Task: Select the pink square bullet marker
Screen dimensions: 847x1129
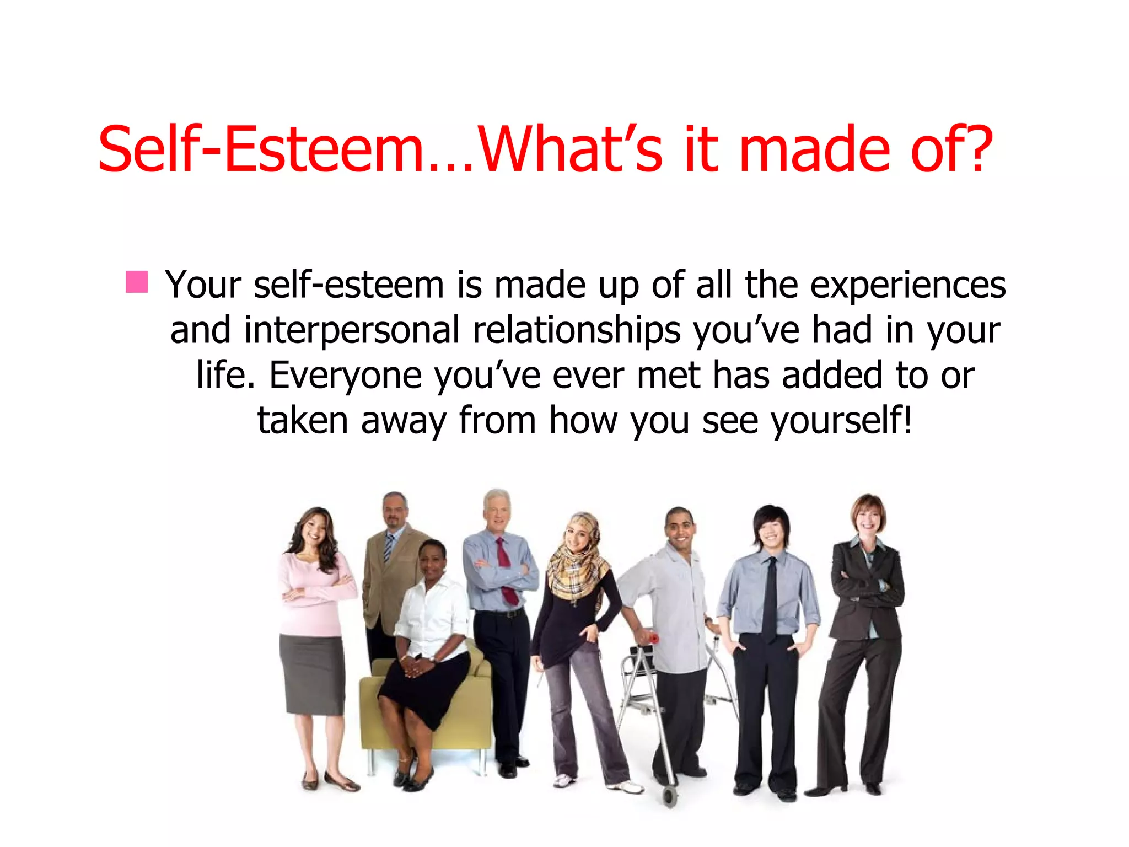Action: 136,282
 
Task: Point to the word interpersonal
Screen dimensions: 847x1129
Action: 352,330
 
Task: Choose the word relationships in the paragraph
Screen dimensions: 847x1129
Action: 576,330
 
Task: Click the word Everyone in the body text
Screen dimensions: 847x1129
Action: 345,376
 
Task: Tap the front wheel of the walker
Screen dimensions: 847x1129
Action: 670,796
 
